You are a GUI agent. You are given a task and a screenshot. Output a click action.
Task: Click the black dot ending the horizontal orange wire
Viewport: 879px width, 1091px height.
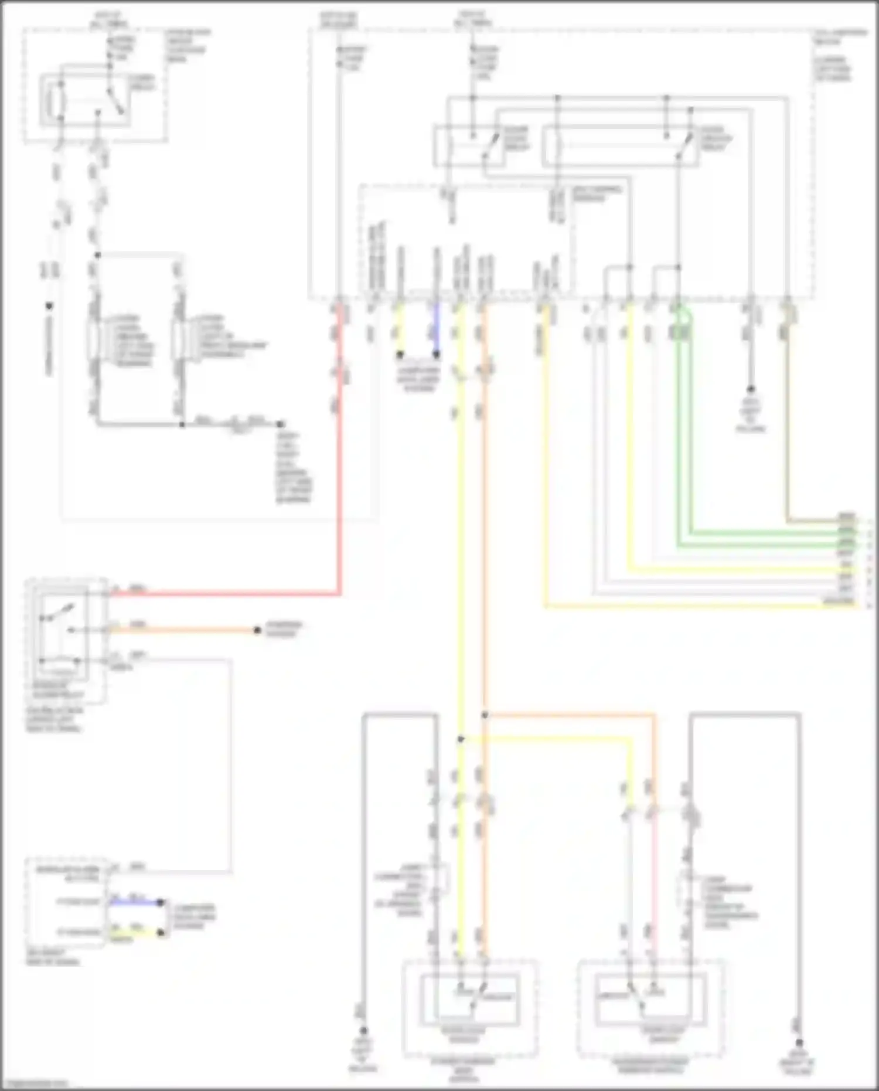[257, 630]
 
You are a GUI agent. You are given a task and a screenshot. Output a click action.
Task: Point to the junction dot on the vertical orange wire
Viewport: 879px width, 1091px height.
[484, 715]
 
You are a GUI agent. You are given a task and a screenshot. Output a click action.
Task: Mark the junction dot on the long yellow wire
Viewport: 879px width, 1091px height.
[461, 739]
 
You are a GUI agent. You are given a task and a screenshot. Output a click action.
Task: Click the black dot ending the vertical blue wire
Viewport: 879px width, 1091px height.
[436, 355]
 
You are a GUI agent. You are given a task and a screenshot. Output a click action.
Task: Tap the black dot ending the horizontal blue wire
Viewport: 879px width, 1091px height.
[162, 903]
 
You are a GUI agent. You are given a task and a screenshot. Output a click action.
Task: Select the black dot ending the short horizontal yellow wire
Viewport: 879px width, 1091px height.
[162, 933]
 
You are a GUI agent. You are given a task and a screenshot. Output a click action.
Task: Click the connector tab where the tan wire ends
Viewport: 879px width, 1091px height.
[846, 518]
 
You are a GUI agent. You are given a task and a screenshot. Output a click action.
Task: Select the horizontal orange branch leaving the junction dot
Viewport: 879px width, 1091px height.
[568, 715]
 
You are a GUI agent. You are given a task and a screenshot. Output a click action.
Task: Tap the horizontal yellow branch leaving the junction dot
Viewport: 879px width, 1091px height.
[545, 739]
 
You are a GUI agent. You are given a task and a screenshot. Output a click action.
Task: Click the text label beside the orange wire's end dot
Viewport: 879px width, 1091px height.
[284, 629]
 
